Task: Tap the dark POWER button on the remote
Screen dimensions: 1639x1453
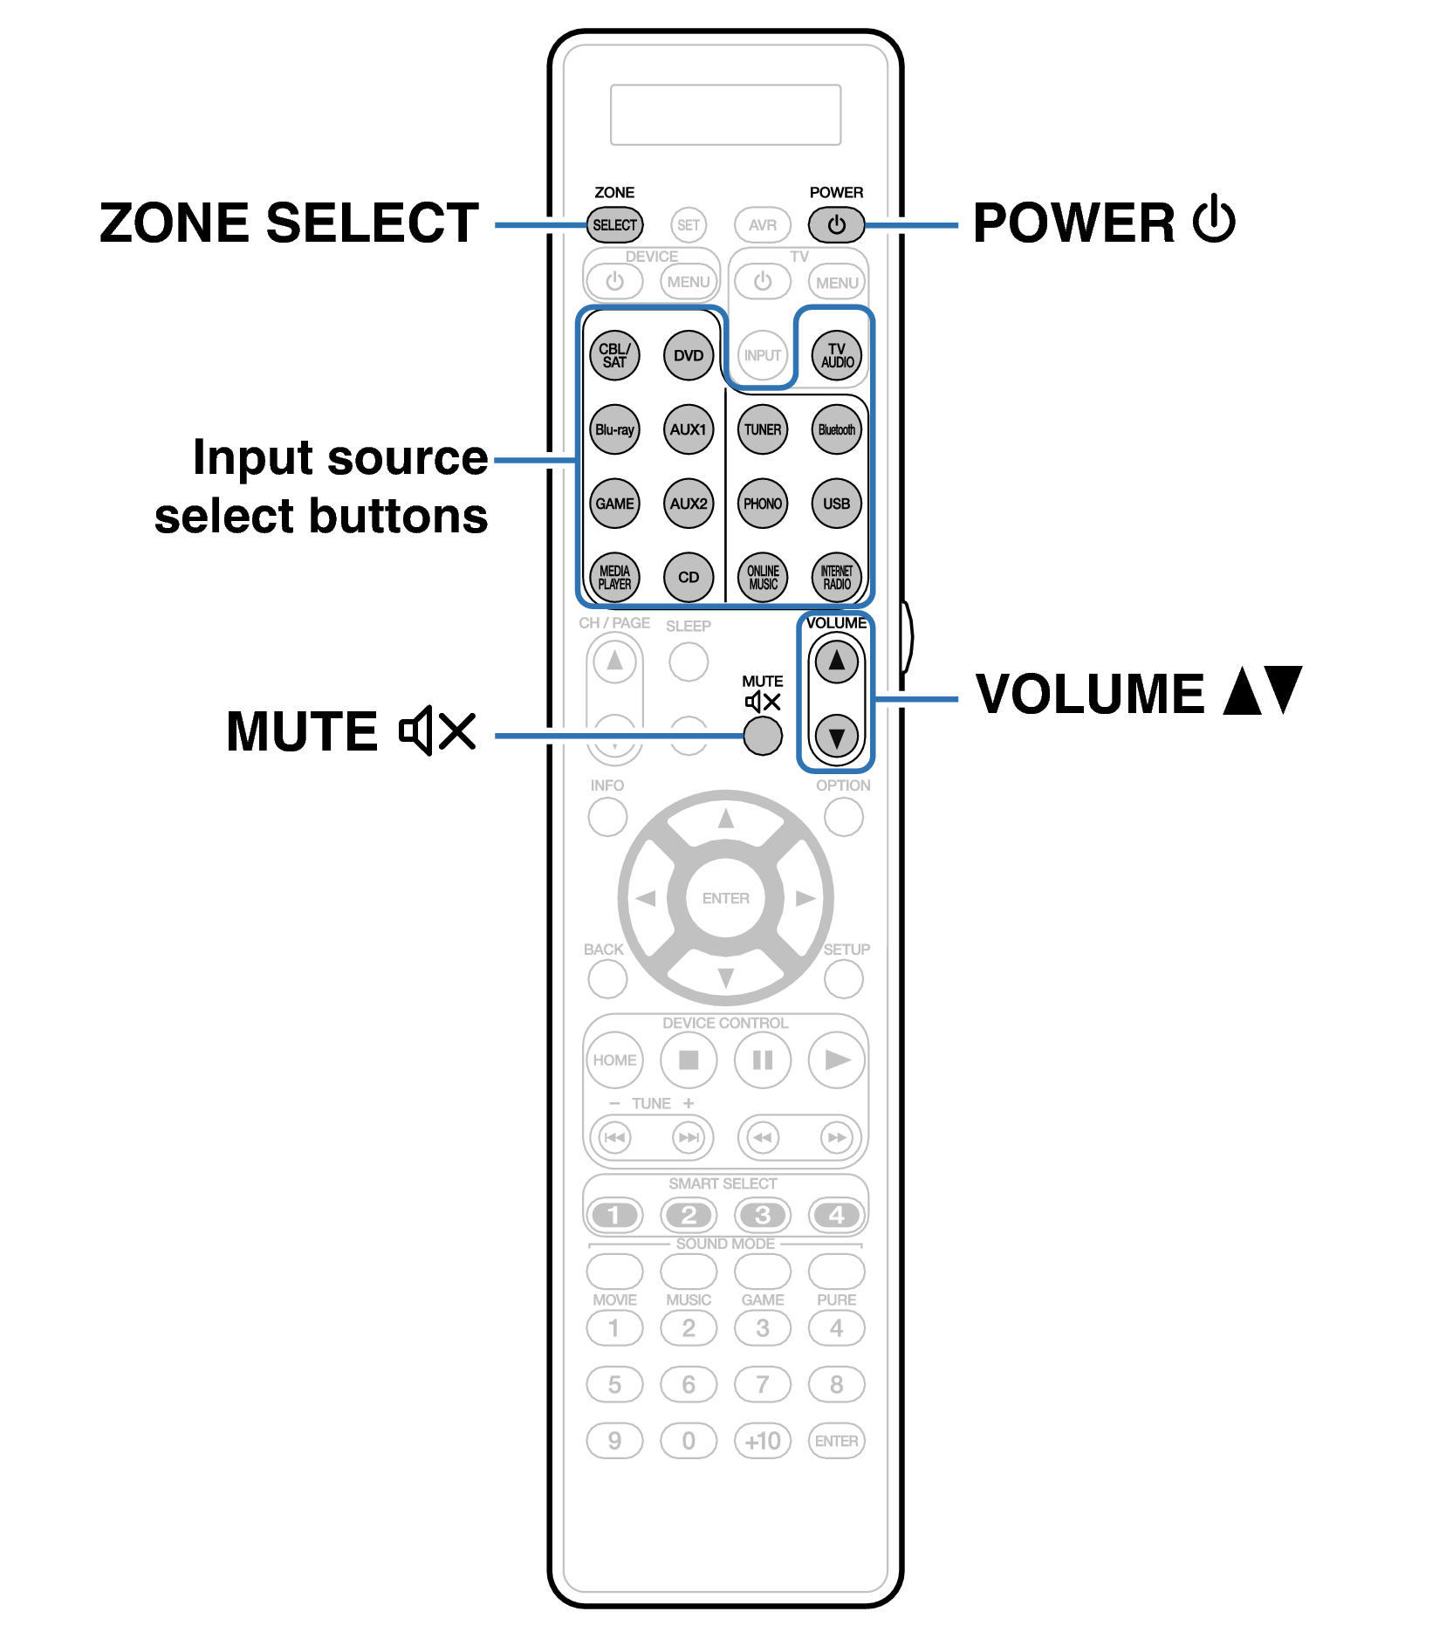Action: (x=835, y=225)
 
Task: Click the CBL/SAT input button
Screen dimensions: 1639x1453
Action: (x=614, y=355)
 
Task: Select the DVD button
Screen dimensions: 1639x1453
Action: (x=688, y=355)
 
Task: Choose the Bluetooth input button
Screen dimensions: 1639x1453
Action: (x=836, y=429)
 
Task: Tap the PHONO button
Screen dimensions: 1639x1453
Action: (x=762, y=504)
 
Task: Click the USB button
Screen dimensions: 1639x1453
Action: (x=836, y=504)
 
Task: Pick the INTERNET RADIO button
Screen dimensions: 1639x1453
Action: (x=836, y=577)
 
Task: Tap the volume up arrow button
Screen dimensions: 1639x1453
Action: (x=836, y=661)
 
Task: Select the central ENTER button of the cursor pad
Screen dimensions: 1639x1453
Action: (x=725, y=898)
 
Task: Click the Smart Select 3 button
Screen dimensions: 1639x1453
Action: (x=762, y=1214)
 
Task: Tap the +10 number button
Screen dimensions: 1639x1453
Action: (x=762, y=1440)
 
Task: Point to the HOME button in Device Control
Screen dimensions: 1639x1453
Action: (x=614, y=1060)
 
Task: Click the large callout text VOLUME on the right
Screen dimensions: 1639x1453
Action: (x=1089, y=695)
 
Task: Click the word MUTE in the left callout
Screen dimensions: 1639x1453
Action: (x=301, y=731)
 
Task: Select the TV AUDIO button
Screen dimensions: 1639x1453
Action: (x=836, y=355)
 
